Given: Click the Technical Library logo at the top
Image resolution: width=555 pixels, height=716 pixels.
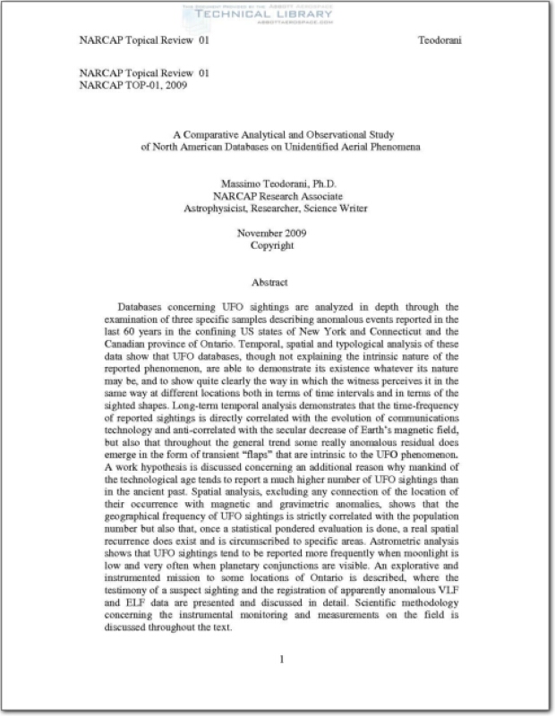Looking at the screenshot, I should click(x=277, y=13).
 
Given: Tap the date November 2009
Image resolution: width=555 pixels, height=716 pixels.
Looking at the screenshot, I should click(x=277, y=233).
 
